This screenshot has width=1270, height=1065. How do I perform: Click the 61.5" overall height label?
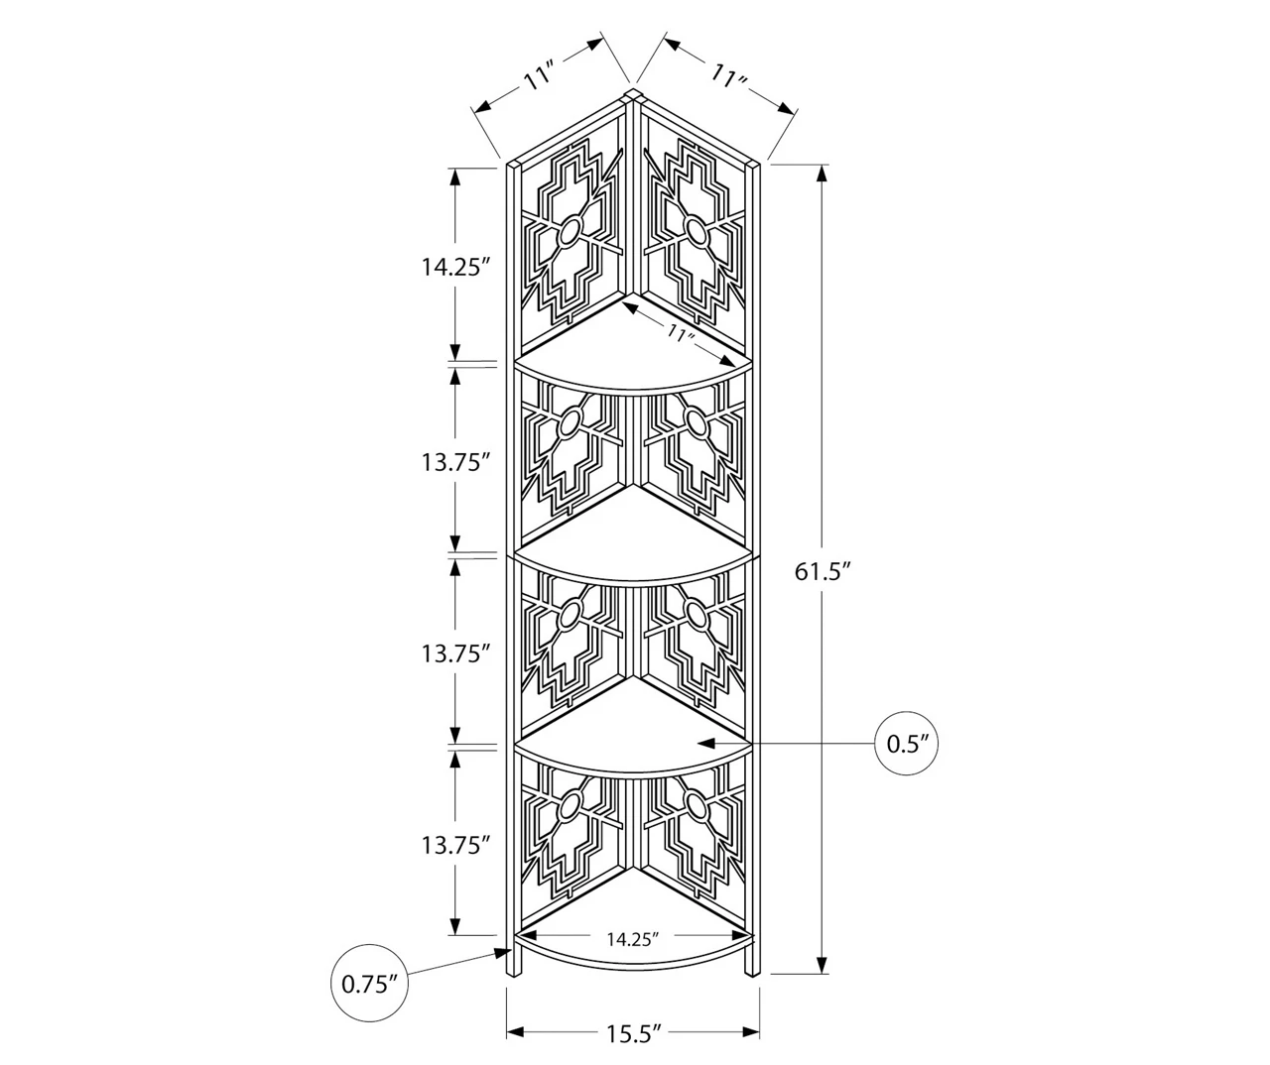tap(825, 571)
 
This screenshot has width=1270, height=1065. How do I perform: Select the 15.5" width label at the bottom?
tap(634, 1034)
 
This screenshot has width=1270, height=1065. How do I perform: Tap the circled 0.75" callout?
tap(369, 984)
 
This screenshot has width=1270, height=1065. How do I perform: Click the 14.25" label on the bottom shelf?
tap(633, 938)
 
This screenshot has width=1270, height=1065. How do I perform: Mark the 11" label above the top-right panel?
tap(728, 75)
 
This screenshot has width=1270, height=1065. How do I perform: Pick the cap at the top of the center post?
tap(632, 95)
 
